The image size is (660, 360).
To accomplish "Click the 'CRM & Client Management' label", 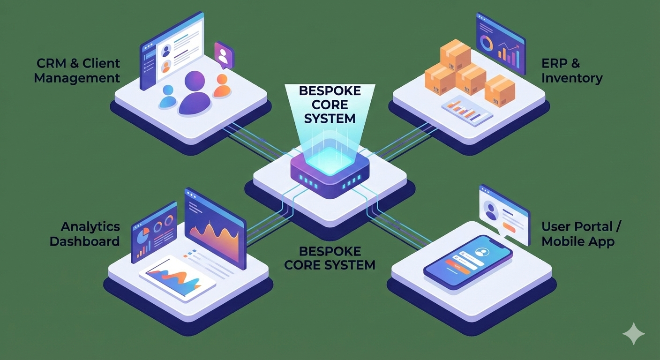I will [x=77, y=71].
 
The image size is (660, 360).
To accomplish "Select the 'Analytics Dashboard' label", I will [x=85, y=234].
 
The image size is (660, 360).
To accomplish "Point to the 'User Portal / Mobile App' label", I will [x=581, y=234].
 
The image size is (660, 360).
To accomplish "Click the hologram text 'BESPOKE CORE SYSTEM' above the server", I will [x=330, y=104].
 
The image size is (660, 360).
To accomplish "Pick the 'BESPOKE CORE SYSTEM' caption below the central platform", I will [x=330, y=257].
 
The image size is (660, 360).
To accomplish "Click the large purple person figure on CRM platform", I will [x=195, y=94].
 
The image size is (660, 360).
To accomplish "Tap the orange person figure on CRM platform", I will [x=222, y=86].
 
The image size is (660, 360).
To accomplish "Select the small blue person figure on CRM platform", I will [x=167, y=96].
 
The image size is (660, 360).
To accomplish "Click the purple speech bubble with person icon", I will [x=224, y=55].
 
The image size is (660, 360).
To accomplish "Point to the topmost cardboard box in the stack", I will [x=455, y=52].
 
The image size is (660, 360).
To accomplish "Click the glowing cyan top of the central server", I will [x=330, y=159].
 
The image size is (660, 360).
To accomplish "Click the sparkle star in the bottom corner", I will [x=633, y=334].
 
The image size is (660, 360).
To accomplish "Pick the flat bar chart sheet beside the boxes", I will [x=467, y=109].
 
